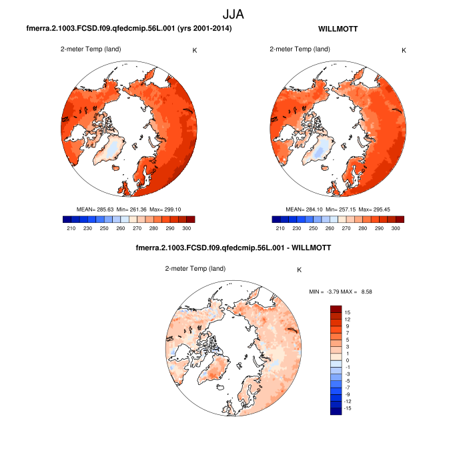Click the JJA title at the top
pyautogui.click(x=233, y=13)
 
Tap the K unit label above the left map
pyautogui.click(x=195, y=50)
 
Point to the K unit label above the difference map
pyautogui.click(x=300, y=270)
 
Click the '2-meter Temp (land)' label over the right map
pyautogui.click(x=299, y=49)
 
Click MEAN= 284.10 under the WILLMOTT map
pyautogui.click(x=303, y=209)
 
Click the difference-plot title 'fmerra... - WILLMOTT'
pyautogui.click(x=233, y=248)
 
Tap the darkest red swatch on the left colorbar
pyautogui.click(x=191, y=219)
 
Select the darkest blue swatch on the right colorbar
pyautogui.click(x=276, y=219)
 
